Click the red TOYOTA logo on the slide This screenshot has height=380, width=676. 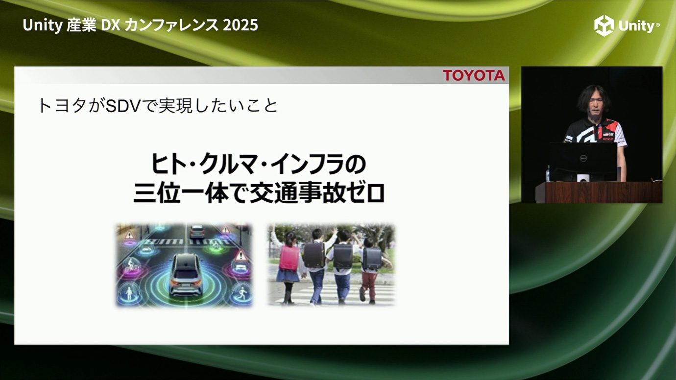pos(474,75)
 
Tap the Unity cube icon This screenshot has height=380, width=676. pos(604,25)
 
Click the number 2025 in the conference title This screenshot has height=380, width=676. pos(240,25)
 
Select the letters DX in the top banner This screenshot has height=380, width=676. pos(110,25)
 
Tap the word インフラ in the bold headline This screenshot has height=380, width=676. pos(314,165)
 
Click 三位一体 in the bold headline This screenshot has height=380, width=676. pos(181,194)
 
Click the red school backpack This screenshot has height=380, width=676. pos(289,258)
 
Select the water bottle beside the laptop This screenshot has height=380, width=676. pos(548,174)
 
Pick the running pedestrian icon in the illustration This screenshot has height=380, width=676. pos(241,293)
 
